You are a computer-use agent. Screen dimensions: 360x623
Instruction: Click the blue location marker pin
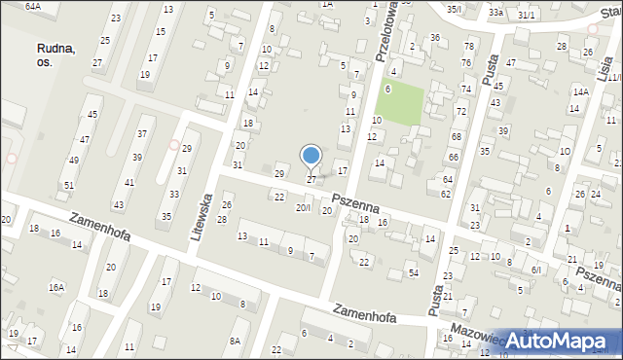coord(311,157)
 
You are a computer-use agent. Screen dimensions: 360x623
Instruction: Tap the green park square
coord(401,103)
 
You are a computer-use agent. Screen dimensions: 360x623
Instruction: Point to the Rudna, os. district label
coord(57,54)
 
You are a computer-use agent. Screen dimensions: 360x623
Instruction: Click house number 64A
coord(33,6)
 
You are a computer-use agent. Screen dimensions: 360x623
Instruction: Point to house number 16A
coord(57,287)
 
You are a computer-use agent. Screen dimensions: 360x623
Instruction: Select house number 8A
coord(235,340)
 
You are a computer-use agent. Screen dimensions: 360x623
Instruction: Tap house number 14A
coord(580,91)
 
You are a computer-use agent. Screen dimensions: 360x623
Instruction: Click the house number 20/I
coord(304,208)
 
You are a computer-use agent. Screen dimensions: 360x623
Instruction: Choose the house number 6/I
coord(536,269)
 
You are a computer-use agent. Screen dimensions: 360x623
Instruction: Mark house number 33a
coord(495,13)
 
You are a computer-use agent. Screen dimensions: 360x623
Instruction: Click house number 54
coord(414,272)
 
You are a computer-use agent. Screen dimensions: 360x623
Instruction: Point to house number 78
coord(468,47)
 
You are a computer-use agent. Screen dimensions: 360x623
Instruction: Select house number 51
coord(68,185)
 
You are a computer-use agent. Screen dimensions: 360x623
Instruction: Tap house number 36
coord(435,38)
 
